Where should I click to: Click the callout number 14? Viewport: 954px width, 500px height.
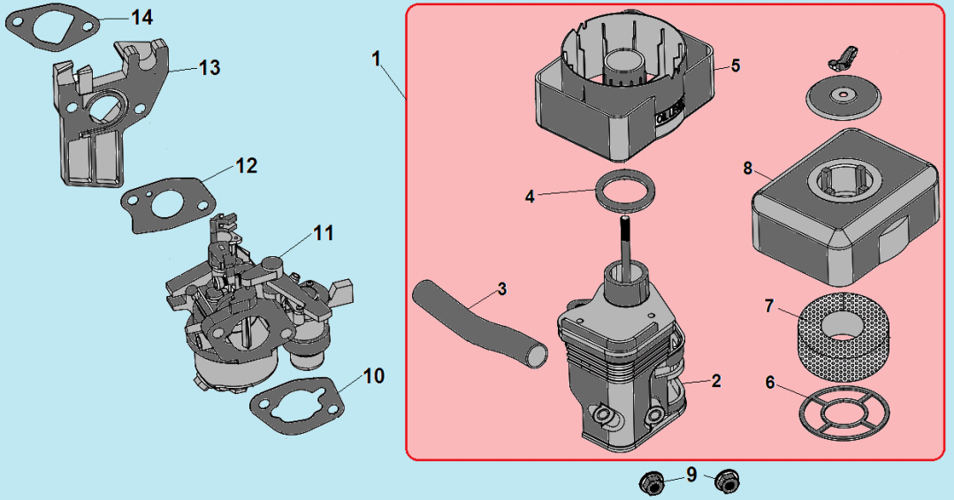(x=141, y=17)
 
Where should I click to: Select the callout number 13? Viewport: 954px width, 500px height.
(x=210, y=67)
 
